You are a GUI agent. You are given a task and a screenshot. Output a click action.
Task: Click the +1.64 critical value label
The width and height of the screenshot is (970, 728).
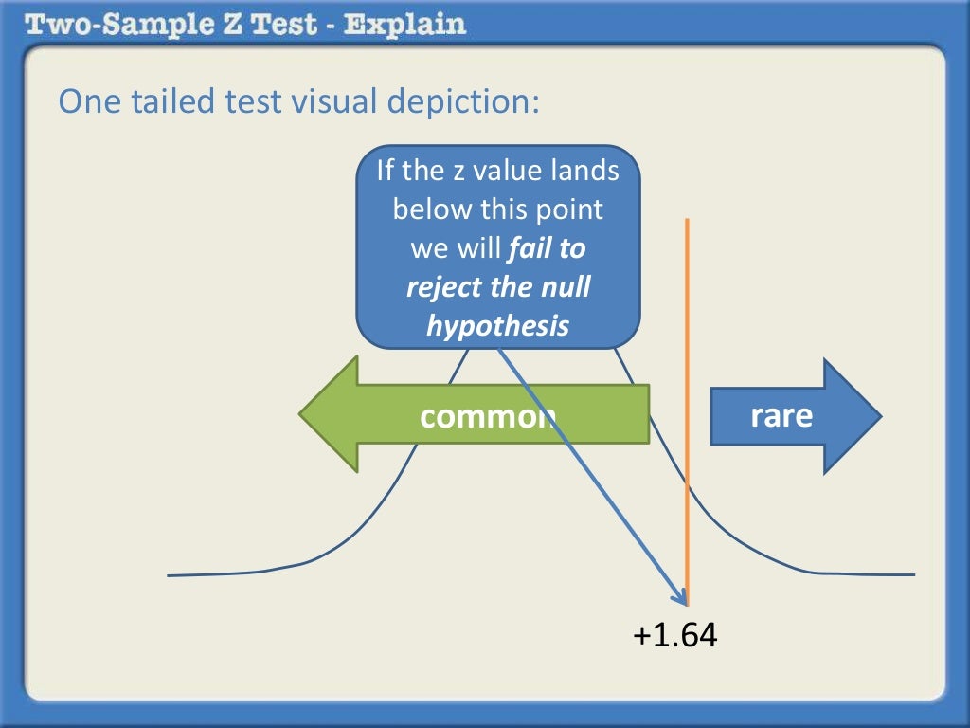675,634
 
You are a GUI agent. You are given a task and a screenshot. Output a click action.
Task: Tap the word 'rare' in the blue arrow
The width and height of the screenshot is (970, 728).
781,414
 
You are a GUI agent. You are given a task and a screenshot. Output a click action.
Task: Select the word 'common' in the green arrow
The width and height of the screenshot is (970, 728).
485,416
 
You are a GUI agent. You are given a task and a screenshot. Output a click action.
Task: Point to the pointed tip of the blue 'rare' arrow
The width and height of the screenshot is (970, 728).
879,415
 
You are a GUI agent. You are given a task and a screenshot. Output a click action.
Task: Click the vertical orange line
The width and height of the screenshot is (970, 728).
688,284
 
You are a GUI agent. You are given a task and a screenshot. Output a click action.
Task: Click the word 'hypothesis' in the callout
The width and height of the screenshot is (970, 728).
498,325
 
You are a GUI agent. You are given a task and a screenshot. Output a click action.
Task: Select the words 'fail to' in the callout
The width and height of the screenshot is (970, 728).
548,248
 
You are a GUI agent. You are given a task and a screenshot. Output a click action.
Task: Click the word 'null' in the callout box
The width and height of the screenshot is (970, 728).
564,286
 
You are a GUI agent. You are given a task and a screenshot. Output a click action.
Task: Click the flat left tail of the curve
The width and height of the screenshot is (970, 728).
208,573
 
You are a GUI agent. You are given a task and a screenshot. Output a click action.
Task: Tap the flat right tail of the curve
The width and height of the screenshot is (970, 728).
871,573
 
